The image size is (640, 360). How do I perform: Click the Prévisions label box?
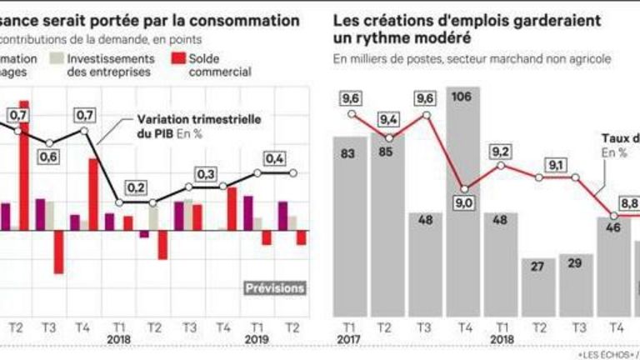click(274, 288)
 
